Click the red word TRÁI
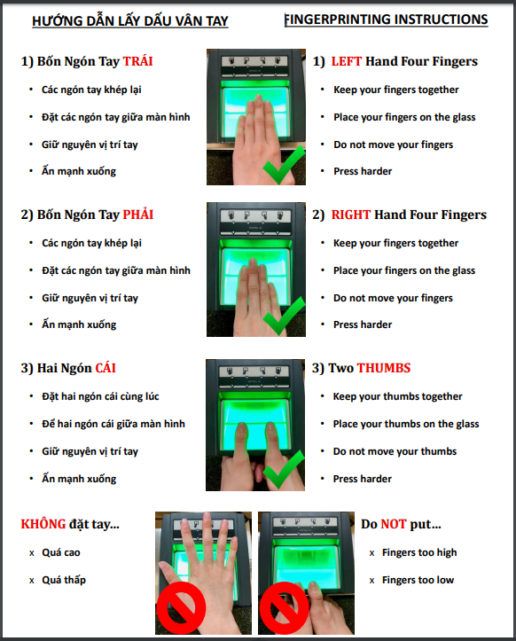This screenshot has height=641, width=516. tap(137, 61)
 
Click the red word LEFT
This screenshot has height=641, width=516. tap(347, 61)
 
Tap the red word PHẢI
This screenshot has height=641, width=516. tap(138, 214)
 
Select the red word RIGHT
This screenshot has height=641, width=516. tap(351, 215)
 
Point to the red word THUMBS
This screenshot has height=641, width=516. tap(384, 368)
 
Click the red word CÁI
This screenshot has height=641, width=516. tap(106, 368)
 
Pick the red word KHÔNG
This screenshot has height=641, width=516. tap(43, 524)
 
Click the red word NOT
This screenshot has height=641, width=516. tap(394, 524)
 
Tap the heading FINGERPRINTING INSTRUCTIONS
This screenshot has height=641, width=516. tap(386, 20)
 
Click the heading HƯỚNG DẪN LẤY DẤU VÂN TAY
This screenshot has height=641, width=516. tap(130, 20)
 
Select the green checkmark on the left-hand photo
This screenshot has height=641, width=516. tap(284, 166)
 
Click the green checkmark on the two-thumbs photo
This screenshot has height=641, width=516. tap(284, 469)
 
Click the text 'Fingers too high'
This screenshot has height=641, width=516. tap(419, 552)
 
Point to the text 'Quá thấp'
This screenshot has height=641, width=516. tap(64, 580)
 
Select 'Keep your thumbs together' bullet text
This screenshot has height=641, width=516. tap(397, 396)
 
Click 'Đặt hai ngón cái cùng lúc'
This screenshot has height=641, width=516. tap(100, 396)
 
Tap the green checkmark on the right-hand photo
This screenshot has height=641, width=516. tap(284, 317)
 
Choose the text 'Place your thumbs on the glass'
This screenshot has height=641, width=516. tap(406, 424)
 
